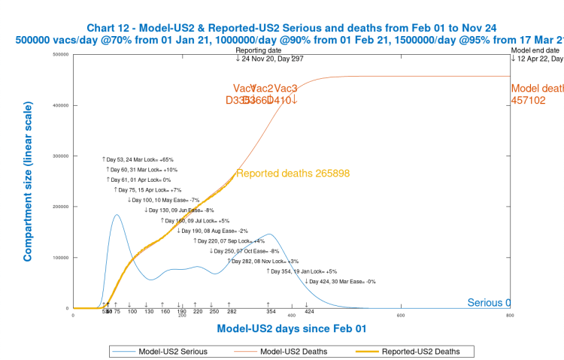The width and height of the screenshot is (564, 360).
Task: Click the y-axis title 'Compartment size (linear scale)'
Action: pyautogui.click(x=28, y=181)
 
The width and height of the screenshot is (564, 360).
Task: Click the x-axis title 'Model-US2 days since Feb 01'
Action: pyautogui.click(x=291, y=328)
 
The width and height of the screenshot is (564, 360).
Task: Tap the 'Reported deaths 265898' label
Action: pyautogui.click(x=293, y=174)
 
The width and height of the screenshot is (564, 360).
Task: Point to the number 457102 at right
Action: pyautogui.click(x=529, y=100)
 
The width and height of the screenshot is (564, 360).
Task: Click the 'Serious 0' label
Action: pyautogui.click(x=489, y=303)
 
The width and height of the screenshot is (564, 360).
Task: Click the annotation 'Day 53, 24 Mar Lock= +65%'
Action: pyautogui.click(x=139, y=159)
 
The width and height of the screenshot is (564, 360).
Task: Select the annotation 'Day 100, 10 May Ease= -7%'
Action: pyautogui.click(x=164, y=200)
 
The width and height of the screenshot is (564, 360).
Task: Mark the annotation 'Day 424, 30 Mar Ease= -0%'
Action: pyautogui.click(x=340, y=281)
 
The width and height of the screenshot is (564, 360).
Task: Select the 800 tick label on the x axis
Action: pyautogui.click(x=510, y=315)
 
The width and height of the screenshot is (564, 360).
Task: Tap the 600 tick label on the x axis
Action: pyautogui.click(x=401, y=315)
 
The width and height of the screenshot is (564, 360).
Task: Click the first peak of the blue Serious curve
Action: pyautogui.click(x=117, y=215)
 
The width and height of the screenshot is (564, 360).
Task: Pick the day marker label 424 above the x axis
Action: pyautogui.click(x=308, y=310)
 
